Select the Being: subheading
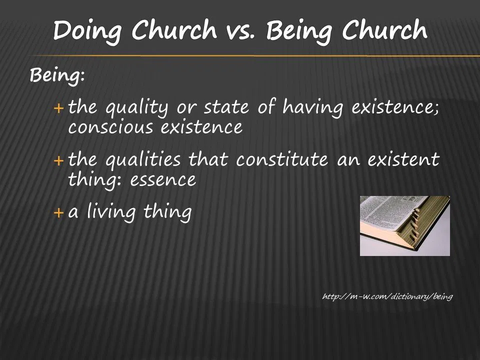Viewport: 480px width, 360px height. pyautogui.click(x=57, y=75)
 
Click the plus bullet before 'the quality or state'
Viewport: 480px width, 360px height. pyautogui.click(x=58, y=108)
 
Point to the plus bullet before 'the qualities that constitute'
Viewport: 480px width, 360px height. pyautogui.click(x=58, y=160)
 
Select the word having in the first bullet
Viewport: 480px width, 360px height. pyautogui.click(x=312, y=108)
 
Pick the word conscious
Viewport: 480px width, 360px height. pyautogui.click(x=110, y=127)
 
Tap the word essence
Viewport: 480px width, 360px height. pyautogui.click(x=163, y=180)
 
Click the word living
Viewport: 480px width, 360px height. pyautogui.click(x=111, y=212)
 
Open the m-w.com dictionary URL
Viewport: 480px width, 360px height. pyautogui.click(x=387, y=296)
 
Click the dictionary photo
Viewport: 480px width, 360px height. pyautogui.click(x=404, y=226)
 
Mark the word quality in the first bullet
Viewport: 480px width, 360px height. pyautogui.click(x=137, y=108)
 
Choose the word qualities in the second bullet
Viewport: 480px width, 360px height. pyautogui.click(x=143, y=160)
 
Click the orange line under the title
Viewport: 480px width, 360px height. pyautogui.click(x=254, y=55)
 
